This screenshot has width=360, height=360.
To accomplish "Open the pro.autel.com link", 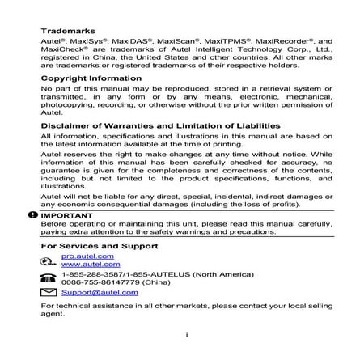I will coord(88,256).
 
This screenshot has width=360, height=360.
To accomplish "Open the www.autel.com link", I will coord(91,263).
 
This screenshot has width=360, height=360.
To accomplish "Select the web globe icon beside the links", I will coord(49,260).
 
